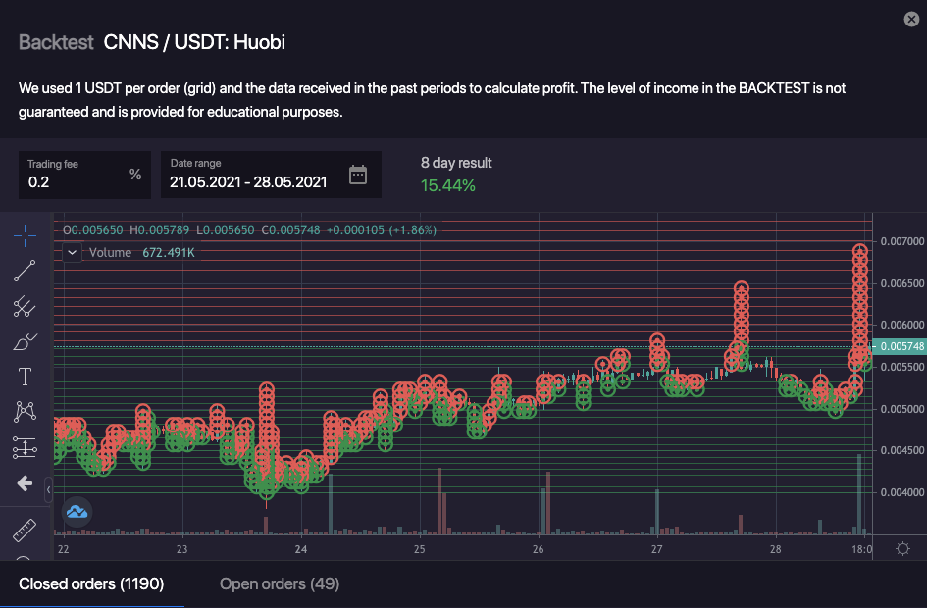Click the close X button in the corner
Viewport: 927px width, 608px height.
pyautogui.click(x=911, y=19)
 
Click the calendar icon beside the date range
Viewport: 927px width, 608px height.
pyautogui.click(x=358, y=176)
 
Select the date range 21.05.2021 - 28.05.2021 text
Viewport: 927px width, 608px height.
pyautogui.click(x=247, y=181)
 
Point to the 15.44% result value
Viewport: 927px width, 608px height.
pyautogui.click(x=447, y=185)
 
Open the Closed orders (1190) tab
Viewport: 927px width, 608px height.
pyautogui.click(x=91, y=584)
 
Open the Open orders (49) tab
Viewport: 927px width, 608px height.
pyautogui.click(x=280, y=584)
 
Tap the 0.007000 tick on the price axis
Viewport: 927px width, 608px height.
pyautogui.click(x=901, y=241)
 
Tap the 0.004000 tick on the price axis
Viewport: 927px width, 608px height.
pyautogui.click(x=901, y=492)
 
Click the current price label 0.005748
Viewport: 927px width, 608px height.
pyautogui.click(x=901, y=346)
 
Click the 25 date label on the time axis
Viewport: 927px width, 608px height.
pyautogui.click(x=419, y=550)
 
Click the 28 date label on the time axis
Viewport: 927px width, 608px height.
pyautogui.click(x=775, y=550)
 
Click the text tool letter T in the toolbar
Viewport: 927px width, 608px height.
pyautogui.click(x=25, y=377)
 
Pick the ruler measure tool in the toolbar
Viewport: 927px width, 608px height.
pyautogui.click(x=25, y=532)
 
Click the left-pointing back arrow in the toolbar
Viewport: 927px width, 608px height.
pyautogui.click(x=25, y=484)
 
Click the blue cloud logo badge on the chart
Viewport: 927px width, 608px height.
pyautogui.click(x=77, y=511)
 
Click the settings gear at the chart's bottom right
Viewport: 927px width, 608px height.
pyautogui.click(x=902, y=549)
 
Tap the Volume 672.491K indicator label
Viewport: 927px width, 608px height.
pyautogui.click(x=141, y=253)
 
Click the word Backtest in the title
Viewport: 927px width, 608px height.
pyautogui.click(x=56, y=42)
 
